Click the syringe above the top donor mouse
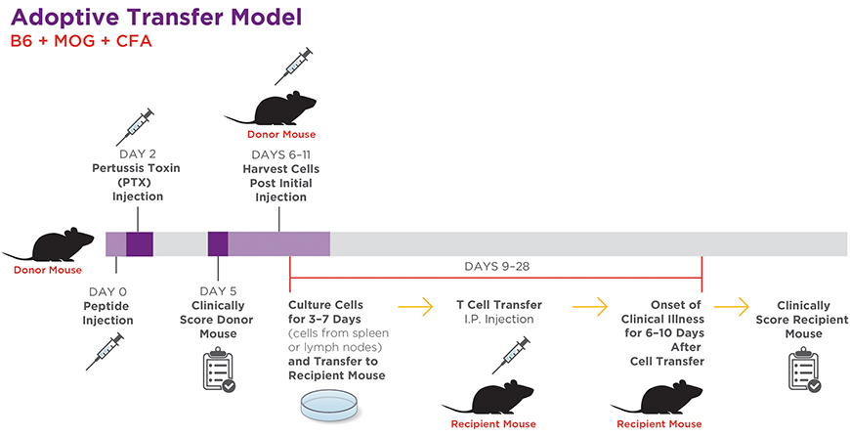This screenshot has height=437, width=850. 293,65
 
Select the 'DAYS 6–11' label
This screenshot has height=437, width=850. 279,153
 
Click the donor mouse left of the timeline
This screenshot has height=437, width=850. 48,245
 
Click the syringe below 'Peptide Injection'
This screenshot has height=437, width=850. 105,350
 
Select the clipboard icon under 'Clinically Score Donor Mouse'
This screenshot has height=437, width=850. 219,371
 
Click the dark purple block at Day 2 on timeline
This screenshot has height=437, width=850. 139,244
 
